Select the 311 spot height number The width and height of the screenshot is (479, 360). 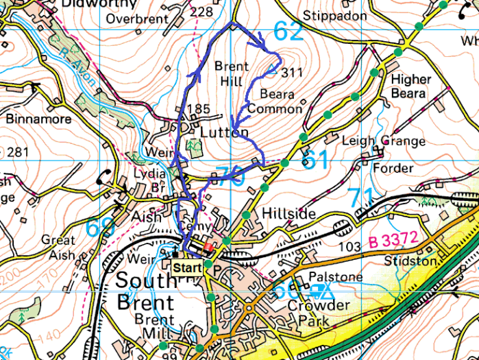[292, 73]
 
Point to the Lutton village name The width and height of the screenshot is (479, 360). [224, 130]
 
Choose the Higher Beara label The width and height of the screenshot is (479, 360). [411, 86]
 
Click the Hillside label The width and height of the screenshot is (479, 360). [288, 215]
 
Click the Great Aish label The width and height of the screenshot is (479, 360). [58, 248]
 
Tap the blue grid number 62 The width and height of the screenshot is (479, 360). [288, 31]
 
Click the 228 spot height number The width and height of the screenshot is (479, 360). [201, 12]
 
